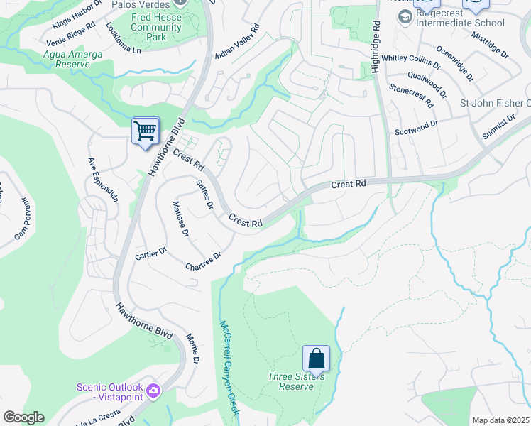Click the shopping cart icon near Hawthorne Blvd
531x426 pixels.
145,131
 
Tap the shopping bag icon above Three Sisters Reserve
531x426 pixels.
316,358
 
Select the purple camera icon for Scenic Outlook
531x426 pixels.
153,390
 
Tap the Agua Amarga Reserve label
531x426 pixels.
57,59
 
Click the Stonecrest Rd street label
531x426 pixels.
411,97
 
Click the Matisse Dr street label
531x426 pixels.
180,219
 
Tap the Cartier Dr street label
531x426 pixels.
150,253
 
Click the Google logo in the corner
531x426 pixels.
23,417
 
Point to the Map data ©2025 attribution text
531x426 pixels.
500,420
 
